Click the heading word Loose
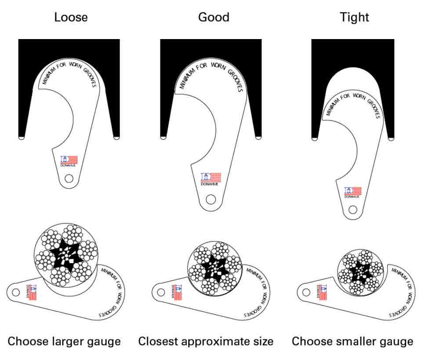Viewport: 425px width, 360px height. pyautogui.click(x=71, y=17)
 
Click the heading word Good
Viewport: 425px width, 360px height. pyautogui.click(x=214, y=17)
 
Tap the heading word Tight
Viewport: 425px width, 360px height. pyautogui.click(x=354, y=17)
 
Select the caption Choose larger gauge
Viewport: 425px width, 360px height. pyautogui.click(x=64, y=341)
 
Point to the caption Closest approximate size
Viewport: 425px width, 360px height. pyautogui.click(x=206, y=341)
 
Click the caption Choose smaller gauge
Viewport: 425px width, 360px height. pyautogui.click(x=352, y=341)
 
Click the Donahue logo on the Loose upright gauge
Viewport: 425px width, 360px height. pyautogui.click(x=69, y=160)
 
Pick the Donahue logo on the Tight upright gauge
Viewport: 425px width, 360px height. pyautogui.click(x=352, y=192)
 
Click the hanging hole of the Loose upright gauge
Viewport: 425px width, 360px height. pyautogui.click(x=69, y=178)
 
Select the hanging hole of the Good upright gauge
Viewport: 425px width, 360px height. pyautogui.click(x=211, y=199)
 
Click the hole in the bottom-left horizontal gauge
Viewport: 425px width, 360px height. pyautogui.click(x=16, y=292)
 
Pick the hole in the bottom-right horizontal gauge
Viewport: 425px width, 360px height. pyautogui.click(x=306, y=291)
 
